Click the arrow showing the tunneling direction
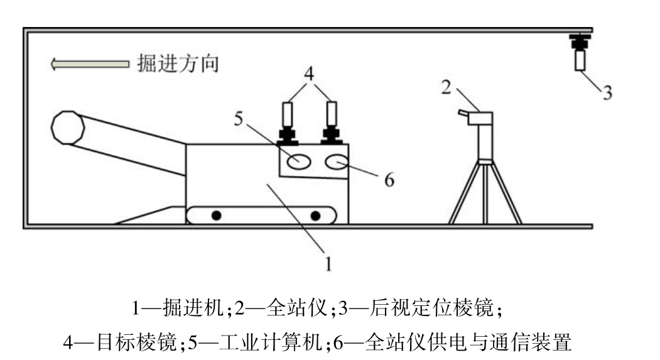click(x=90, y=64)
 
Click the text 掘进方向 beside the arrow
click(x=178, y=64)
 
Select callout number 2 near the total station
click(x=446, y=87)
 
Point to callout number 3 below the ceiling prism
click(x=607, y=92)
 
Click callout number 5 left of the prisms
click(x=239, y=119)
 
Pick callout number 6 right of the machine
click(x=389, y=180)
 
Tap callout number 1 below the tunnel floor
click(x=328, y=264)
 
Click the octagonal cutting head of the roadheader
click(x=67, y=128)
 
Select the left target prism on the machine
click(x=288, y=123)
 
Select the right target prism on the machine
click(x=332, y=123)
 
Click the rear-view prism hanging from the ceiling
click(x=580, y=52)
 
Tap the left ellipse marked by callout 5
click(x=300, y=161)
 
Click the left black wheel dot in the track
click(x=217, y=215)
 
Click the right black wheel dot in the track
click(x=315, y=215)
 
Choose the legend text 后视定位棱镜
click(x=431, y=308)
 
